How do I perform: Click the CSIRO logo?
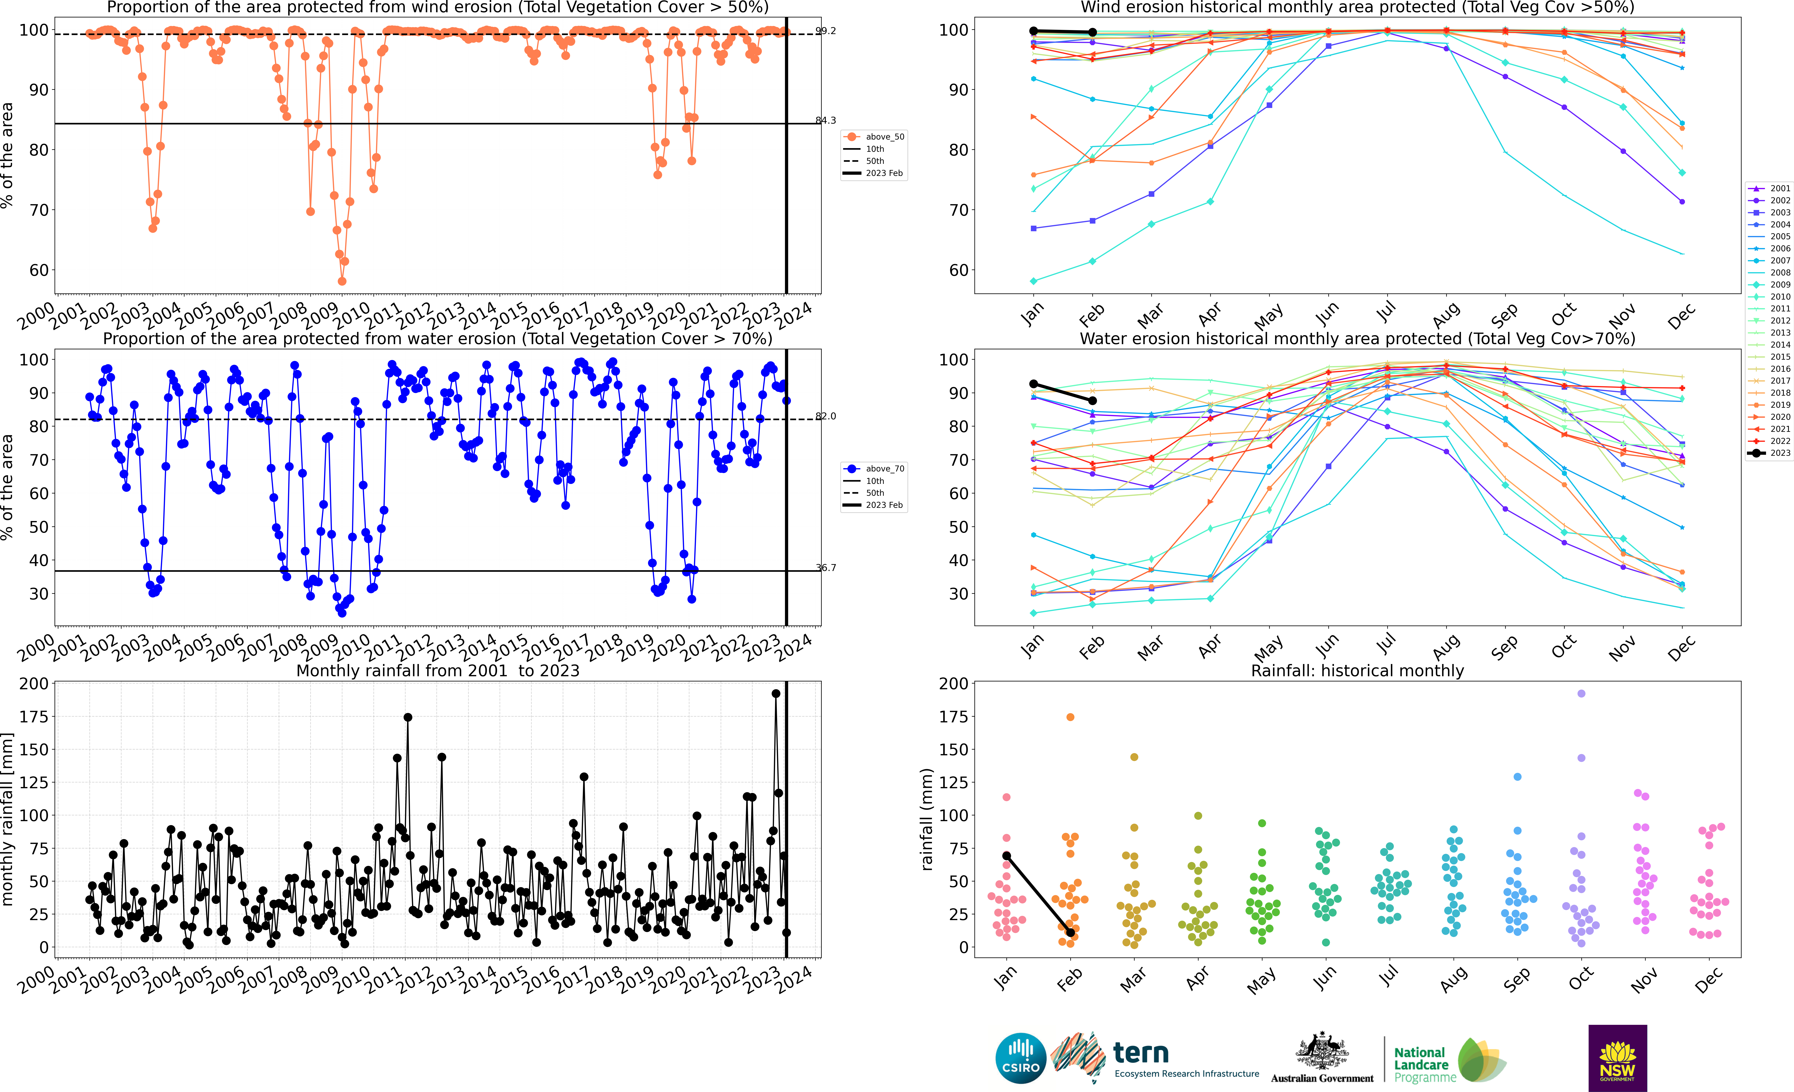[1020, 1058]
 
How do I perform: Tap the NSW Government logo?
[1617, 1058]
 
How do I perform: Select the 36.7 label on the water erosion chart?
[826, 568]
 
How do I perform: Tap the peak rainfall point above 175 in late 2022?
[775, 694]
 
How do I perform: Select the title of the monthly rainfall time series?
[438, 671]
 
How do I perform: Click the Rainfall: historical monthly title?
[1357, 671]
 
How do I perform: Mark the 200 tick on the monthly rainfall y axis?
[33, 684]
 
